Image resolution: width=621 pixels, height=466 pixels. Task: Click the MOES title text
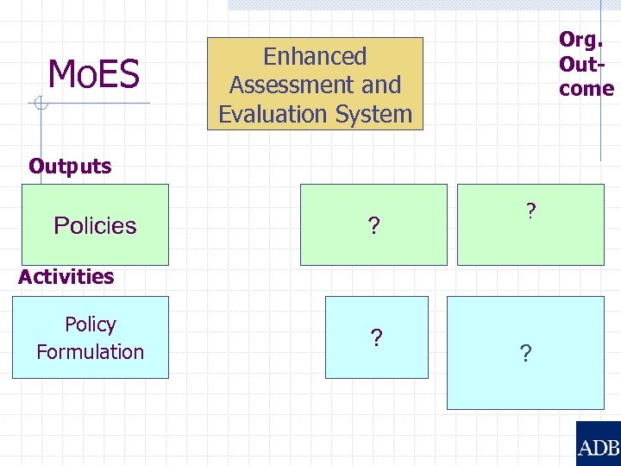(94, 74)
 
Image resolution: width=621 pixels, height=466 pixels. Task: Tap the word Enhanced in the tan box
(315, 57)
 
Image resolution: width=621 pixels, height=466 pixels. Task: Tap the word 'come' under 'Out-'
(586, 89)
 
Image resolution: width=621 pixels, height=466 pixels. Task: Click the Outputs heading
(70, 167)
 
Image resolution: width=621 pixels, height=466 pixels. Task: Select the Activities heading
(66, 277)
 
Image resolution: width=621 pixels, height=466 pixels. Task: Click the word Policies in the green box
(95, 226)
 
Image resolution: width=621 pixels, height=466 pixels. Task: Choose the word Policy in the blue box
(91, 324)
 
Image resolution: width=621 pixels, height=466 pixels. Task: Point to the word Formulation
(91, 352)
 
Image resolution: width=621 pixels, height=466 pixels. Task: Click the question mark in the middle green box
(373, 227)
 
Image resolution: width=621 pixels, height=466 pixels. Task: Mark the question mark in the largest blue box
(525, 354)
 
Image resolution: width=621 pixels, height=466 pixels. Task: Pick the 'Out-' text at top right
(580, 64)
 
